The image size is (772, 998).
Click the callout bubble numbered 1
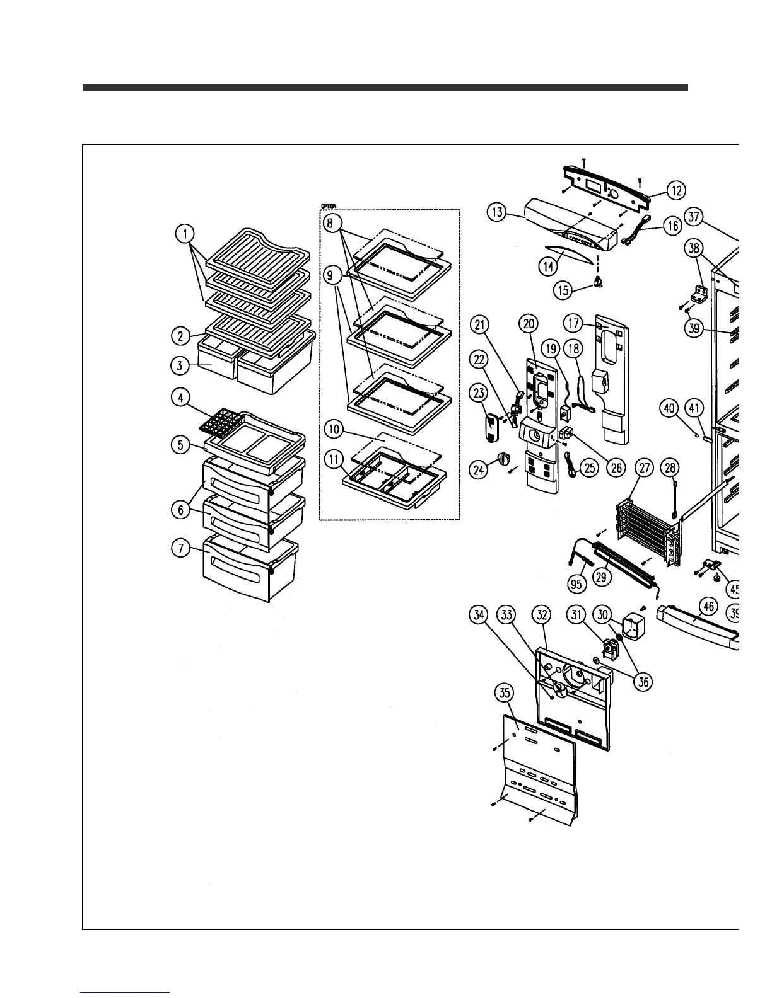pos(185,234)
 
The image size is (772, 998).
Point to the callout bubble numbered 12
pos(676,189)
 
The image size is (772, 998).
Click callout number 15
pos(563,290)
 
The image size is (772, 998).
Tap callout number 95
pos(576,584)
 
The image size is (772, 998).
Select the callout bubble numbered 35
pos(504,693)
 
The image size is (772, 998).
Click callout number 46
pos(709,607)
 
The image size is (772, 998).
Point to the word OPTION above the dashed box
pos(328,206)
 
